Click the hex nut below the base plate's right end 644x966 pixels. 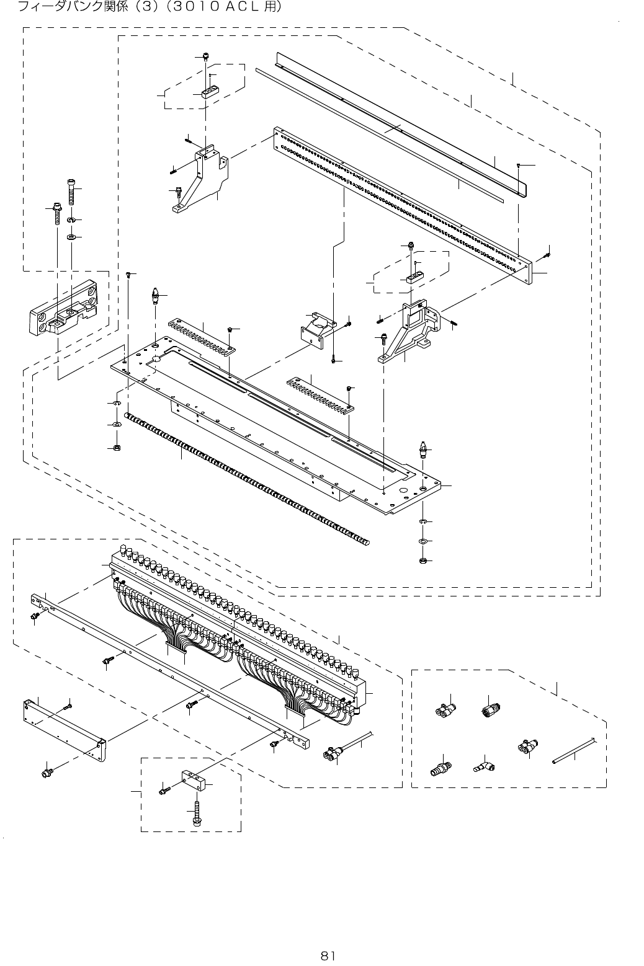coord(421,561)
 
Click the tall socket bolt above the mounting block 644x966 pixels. coord(70,192)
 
